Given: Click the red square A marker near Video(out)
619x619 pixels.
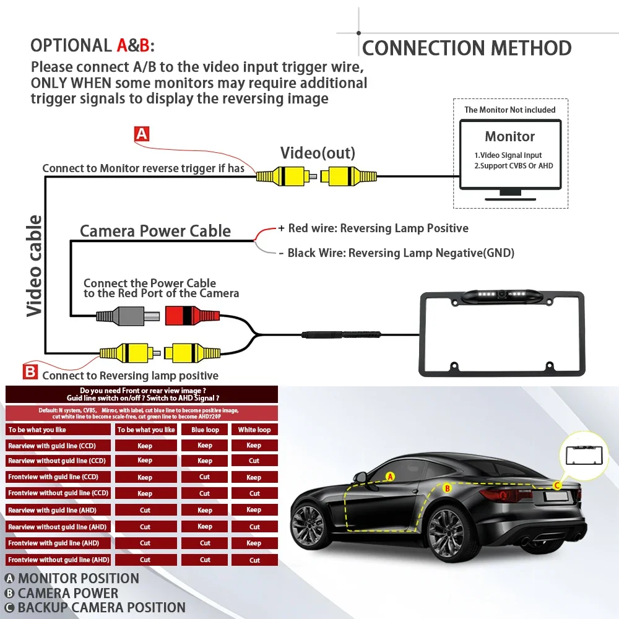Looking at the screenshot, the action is [142, 134].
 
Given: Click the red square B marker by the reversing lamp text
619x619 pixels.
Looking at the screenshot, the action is [30, 371].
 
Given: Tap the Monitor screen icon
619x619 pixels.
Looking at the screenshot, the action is [510, 160].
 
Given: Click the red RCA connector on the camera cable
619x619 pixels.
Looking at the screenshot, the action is [193, 316].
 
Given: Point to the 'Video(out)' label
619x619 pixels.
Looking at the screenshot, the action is [318, 153].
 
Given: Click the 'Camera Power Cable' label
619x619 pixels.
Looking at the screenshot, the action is [155, 231].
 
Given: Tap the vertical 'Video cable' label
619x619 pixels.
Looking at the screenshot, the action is [34, 266].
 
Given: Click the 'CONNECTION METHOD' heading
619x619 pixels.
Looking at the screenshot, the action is [467, 48].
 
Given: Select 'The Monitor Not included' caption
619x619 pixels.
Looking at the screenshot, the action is [509, 110].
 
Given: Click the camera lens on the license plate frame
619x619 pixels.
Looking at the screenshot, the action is [501, 293].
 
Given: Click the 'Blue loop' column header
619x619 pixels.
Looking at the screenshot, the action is [205, 430].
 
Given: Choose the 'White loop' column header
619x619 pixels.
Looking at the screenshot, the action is [254, 430].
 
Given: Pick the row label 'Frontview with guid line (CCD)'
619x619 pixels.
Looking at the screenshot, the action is [53, 477].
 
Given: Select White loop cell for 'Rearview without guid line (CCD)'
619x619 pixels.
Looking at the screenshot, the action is [254, 461].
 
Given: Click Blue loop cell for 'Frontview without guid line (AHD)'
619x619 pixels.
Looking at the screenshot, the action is [205, 560].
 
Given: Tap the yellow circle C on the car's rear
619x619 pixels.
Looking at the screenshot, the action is [558, 485].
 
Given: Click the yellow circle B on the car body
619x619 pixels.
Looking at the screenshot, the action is [448, 488].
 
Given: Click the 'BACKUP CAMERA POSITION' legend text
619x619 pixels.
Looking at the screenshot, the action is [102, 608].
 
